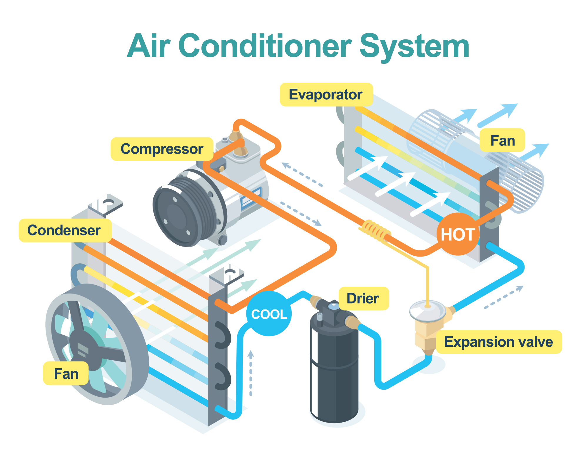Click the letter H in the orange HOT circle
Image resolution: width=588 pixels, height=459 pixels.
pyautogui.click(x=447, y=234)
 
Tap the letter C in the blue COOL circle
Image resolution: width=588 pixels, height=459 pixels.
pyautogui.click(x=256, y=314)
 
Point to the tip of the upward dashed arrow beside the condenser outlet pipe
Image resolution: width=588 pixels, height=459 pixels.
pyautogui.click(x=250, y=351)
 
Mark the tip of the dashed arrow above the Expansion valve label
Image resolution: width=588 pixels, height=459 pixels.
pyautogui.click(x=523, y=286)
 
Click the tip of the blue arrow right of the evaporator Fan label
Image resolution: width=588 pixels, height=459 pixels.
pyautogui.click(x=549, y=144)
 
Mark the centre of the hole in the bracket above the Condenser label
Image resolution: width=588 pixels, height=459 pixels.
pyautogui.click(x=108, y=202)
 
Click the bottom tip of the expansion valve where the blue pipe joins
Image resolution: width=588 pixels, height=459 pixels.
pyautogui.click(x=429, y=355)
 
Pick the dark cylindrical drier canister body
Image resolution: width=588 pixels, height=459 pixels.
pyautogui.click(x=334, y=370)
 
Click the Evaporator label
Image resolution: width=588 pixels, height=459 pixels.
pyautogui.click(x=326, y=95)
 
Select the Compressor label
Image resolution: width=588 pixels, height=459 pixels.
pyautogui.click(x=162, y=149)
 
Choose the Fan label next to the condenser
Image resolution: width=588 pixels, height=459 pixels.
pyautogui.click(x=66, y=373)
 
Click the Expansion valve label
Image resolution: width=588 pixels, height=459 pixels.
pyautogui.click(x=499, y=342)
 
